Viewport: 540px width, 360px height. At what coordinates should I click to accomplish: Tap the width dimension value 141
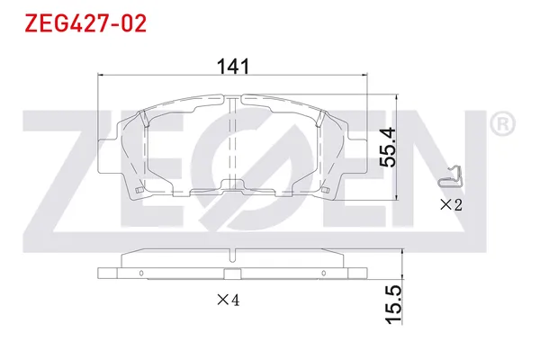coord(233,66)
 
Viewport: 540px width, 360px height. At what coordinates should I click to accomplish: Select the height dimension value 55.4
coord(387,146)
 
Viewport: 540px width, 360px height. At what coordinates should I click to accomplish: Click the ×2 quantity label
coord(450,205)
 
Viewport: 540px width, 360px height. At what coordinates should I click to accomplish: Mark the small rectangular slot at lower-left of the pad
coord(136,190)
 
